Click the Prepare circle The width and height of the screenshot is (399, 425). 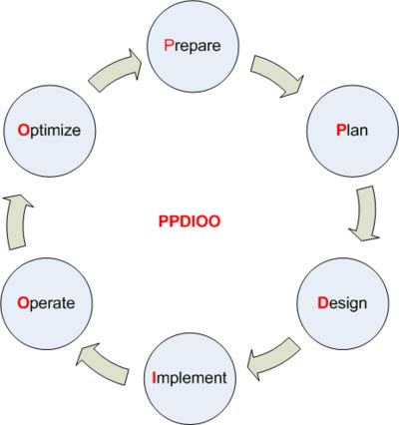[x=193, y=46]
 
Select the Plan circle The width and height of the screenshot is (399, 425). [x=352, y=131]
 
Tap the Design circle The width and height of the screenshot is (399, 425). [x=343, y=303]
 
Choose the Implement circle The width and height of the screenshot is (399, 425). [x=190, y=379]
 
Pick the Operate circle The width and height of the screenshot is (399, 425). [x=47, y=303]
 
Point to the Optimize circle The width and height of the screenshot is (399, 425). [x=49, y=131]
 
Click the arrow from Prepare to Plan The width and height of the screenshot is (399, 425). [x=276, y=76]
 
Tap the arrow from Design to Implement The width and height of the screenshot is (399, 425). [x=272, y=359]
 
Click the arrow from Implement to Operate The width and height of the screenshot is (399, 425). [x=104, y=364]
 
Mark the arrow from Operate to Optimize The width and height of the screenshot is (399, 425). [x=17, y=221]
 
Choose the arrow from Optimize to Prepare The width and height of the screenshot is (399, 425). [x=115, y=71]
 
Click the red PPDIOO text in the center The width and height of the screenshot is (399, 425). [x=190, y=221]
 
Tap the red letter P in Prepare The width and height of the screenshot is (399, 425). [x=169, y=45]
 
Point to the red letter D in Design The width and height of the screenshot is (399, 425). [x=323, y=303]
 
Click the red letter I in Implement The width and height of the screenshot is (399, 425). [x=154, y=377]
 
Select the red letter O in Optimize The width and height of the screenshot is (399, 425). [x=24, y=130]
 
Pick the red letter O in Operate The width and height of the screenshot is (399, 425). [x=23, y=303]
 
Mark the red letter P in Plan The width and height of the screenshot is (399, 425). [x=341, y=130]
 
